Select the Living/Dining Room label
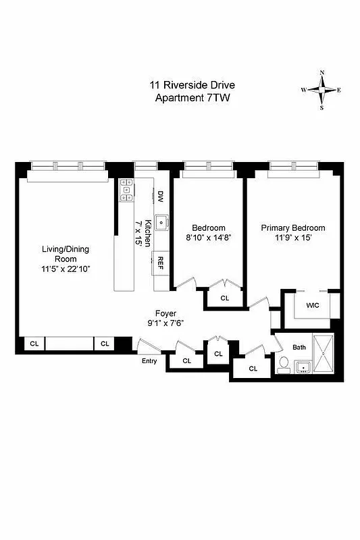pyautogui.click(x=66, y=254)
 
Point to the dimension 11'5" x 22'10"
pyautogui.click(x=66, y=269)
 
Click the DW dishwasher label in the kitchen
pyautogui.click(x=161, y=196)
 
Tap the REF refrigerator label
pyautogui.click(x=161, y=262)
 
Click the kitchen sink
pyautogui.click(x=161, y=221)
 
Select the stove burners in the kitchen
pyautogui.click(x=125, y=190)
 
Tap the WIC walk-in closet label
pyautogui.click(x=312, y=305)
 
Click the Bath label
pyautogui.click(x=299, y=348)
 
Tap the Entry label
pyautogui.click(x=149, y=361)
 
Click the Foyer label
pyautogui.click(x=165, y=313)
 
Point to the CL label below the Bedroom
pyautogui.click(x=224, y=298)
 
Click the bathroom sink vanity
pyautogui.click(x=303, y=366)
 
